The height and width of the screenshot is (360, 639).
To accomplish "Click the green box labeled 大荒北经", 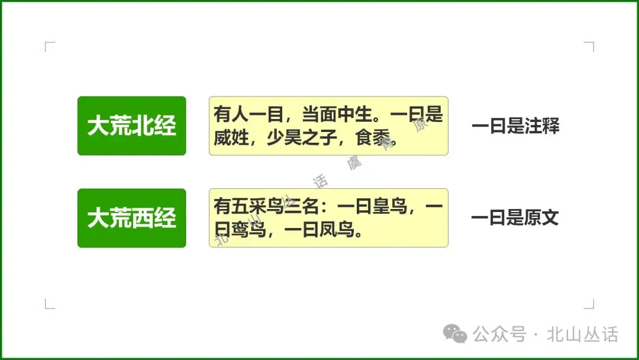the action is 131,126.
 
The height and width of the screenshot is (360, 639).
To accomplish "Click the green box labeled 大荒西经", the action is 131,218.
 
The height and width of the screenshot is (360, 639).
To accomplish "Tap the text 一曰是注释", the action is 515,126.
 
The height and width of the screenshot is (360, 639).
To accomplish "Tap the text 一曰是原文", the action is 515,218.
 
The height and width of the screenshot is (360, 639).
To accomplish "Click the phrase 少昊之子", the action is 302,138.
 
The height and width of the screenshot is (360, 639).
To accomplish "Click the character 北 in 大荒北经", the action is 143,126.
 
